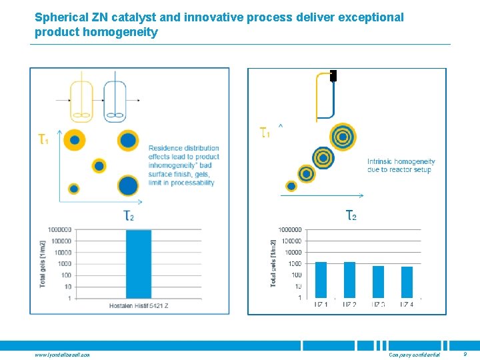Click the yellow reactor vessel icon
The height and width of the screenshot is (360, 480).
pos(81,101)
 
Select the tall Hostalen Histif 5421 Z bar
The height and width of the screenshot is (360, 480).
pos(139,264)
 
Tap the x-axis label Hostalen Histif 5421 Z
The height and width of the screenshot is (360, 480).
pos(139,306)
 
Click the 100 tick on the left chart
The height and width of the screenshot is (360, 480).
pos(65,275)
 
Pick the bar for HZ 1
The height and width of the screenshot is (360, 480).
pos(321,279)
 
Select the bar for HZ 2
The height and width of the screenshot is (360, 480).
pos(349,279)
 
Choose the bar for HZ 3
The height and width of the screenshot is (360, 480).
pos(378,281)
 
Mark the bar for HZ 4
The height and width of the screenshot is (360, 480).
pos(407,282)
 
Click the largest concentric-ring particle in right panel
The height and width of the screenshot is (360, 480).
pos(343,137)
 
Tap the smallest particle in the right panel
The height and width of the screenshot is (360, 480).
pos(291,186)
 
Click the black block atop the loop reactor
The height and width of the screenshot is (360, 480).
pos(333,75)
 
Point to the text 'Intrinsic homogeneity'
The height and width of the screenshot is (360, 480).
pos(401,161)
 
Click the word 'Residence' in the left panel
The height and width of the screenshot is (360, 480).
pos(165,148)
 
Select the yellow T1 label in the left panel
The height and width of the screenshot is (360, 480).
pos(43,139)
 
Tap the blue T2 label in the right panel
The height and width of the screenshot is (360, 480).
pos(350,215)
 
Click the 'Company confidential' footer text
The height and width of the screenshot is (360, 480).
pos(414,355)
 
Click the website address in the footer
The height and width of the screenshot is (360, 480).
pos(62,355)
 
